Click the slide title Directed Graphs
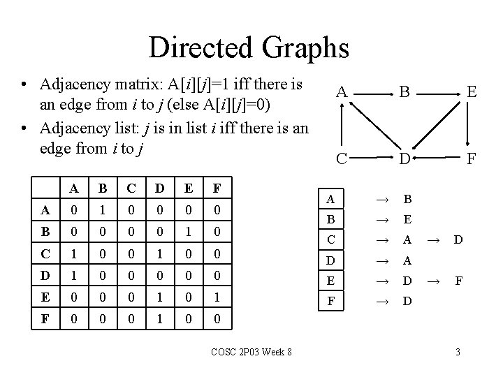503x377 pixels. [x=248, y=47]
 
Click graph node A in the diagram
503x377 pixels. [x=341, y=91]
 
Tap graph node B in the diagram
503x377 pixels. [x=404, y=91]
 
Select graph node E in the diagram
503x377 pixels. [x=472, y=91]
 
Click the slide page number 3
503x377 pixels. [x=458, y=351]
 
